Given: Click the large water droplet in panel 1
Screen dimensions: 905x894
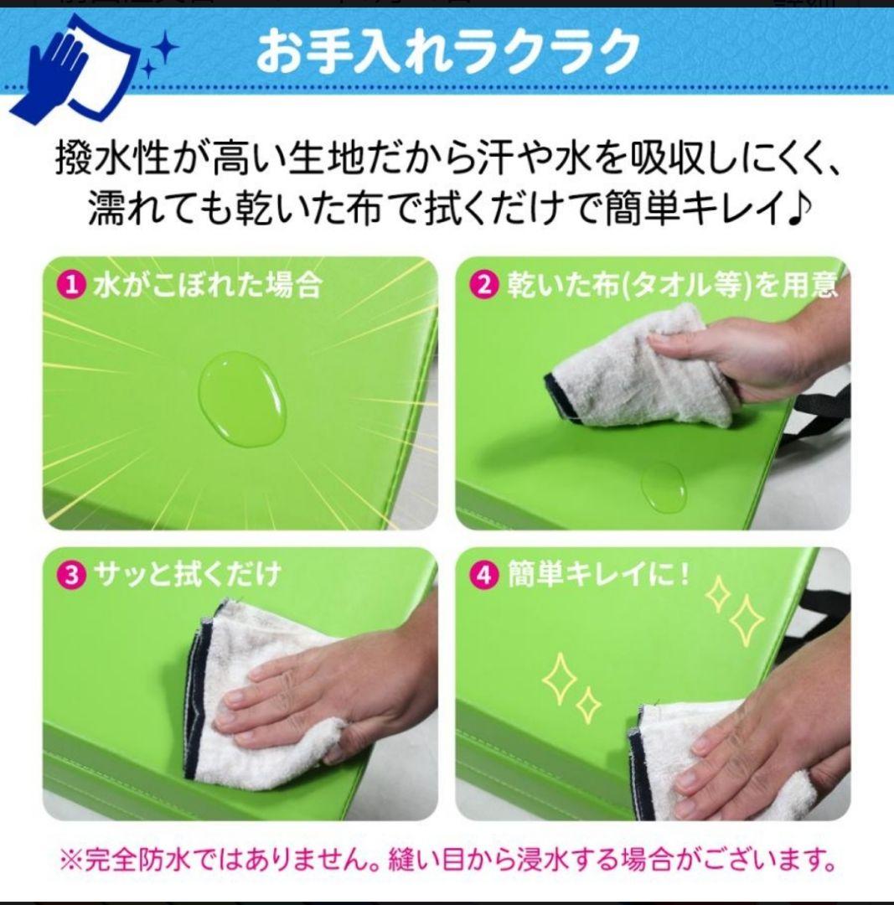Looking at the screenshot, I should click(241, 397).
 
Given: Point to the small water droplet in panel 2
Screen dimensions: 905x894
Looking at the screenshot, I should click(664, 487).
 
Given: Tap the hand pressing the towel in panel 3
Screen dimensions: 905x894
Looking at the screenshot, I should click(327, 687).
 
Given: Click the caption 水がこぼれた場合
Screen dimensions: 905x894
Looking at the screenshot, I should click(206, 286).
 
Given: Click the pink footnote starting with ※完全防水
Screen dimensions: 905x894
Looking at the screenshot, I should click(447, 860).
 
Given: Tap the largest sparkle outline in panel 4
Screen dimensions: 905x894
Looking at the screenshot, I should click(746, 620).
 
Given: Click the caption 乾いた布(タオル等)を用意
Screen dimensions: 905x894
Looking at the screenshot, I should click(671, 286).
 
